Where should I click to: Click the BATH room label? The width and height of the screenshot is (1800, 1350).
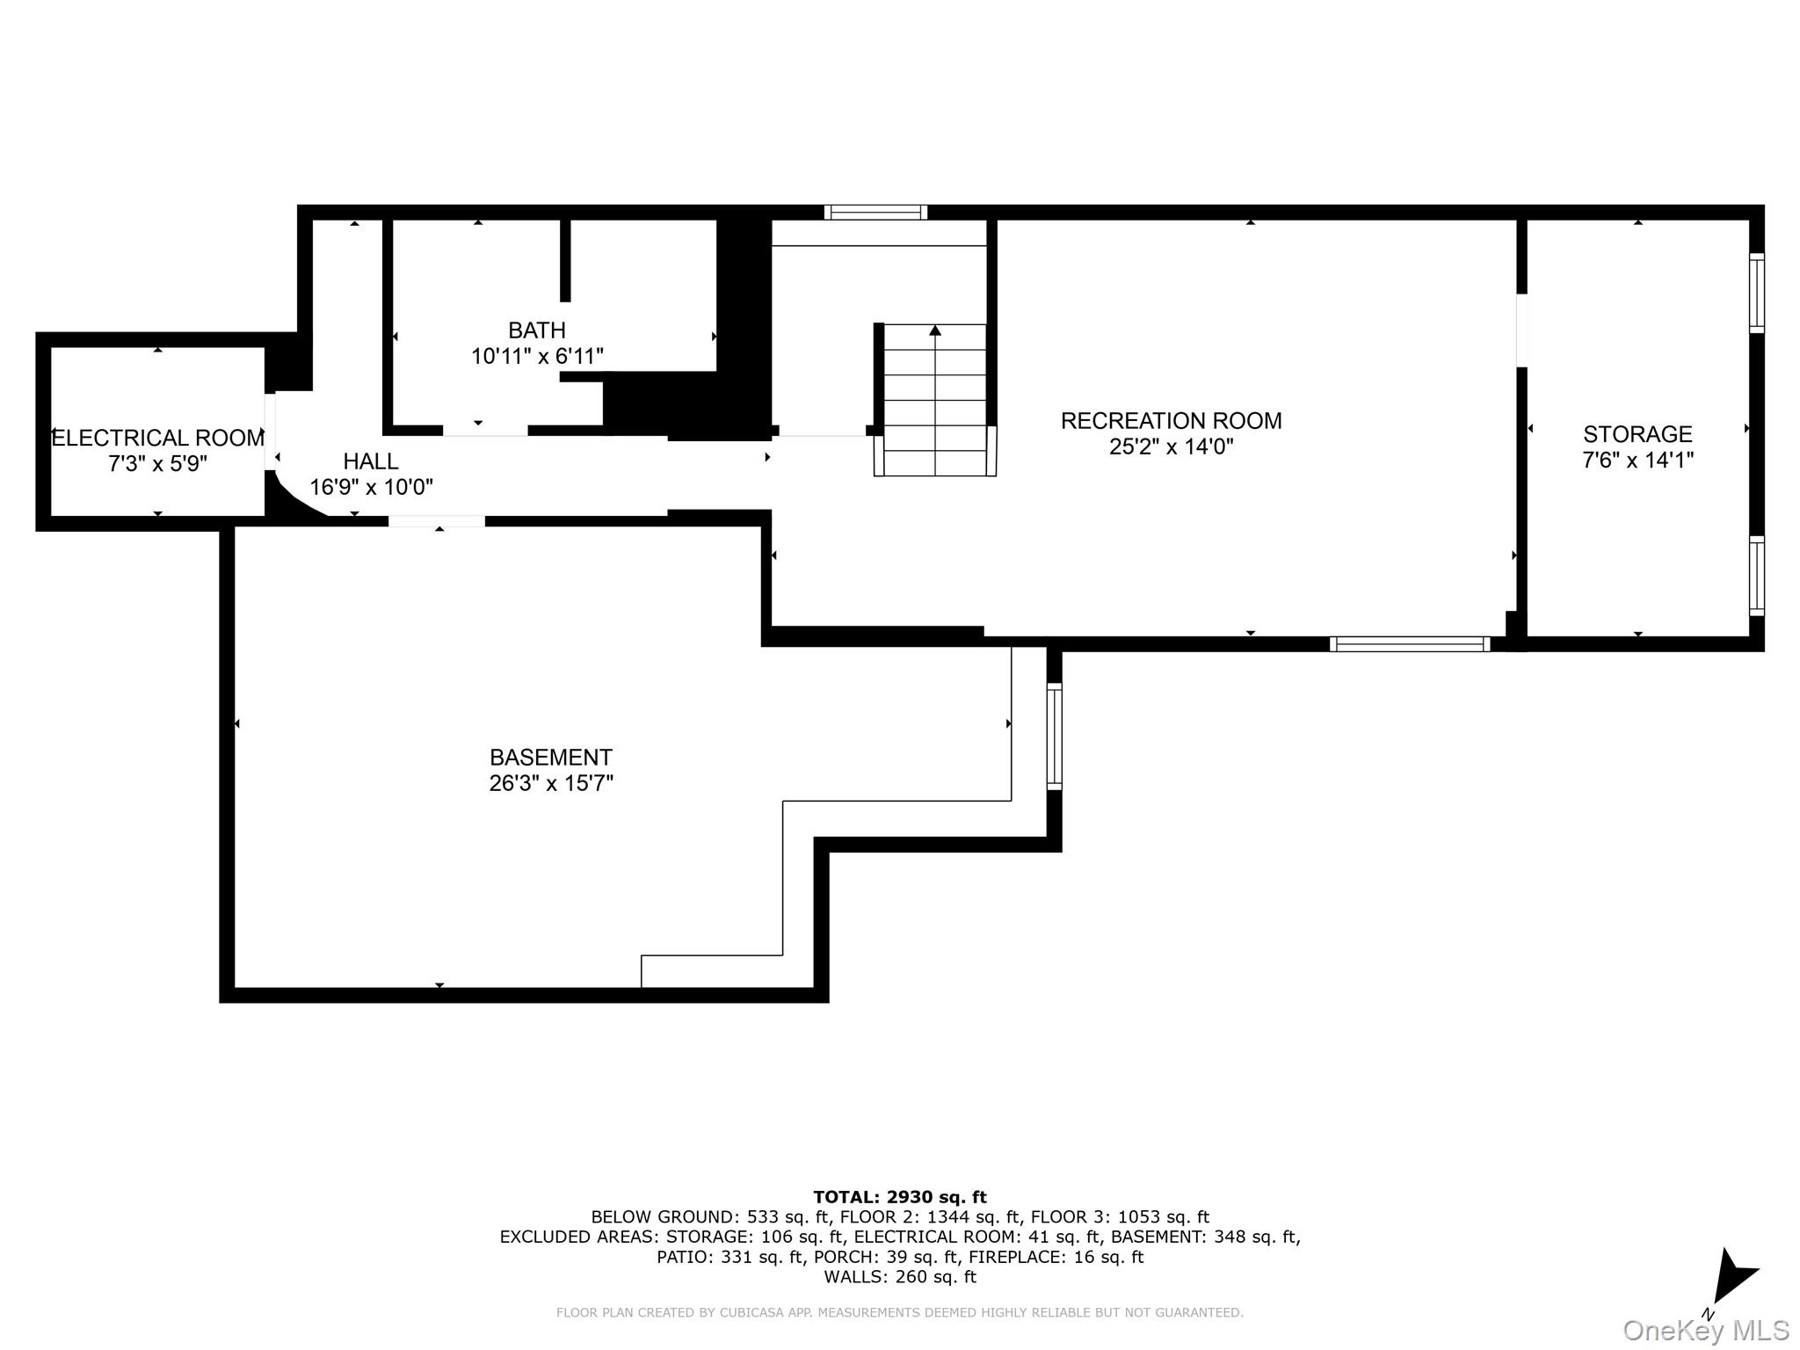[536, 330]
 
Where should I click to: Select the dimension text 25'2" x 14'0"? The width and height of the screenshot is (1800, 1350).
[1171, 446]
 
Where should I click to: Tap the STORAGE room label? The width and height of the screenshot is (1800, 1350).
[1637, 434]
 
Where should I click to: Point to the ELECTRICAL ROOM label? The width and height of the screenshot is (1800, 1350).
[158, 438]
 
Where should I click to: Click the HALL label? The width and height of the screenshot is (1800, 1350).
[370, 461]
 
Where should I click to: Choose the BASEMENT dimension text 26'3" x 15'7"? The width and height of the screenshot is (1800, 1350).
[550, 783]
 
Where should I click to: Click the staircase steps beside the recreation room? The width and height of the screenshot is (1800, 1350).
[934, 400]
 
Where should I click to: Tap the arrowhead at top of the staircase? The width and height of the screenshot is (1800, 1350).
[935, 330]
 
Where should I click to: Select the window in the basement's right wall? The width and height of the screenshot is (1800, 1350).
[1054, 736]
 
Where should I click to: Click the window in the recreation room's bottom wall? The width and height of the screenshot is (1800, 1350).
[1409, 644]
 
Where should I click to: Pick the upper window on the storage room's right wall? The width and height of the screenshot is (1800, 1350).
[1755, 293]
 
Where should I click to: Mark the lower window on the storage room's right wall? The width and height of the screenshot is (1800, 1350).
[1755, 576]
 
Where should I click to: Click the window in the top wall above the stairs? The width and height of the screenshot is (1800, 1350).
[875, 212]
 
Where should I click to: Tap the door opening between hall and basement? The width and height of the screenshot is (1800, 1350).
[437, 521]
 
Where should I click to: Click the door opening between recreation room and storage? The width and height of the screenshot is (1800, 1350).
[1521, 330]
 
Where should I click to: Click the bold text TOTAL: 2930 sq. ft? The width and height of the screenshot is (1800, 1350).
[899, 1197]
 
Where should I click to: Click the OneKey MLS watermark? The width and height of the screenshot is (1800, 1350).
[1706, 1331]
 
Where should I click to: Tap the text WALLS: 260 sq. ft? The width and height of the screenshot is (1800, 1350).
[899, 1277]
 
